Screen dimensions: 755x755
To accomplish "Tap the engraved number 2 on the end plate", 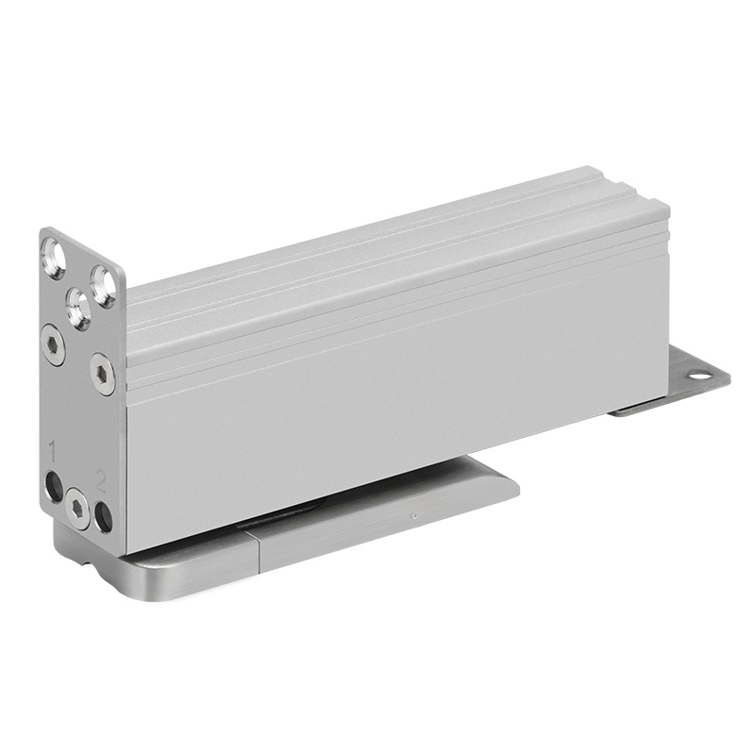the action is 101,480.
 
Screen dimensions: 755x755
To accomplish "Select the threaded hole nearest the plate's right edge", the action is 104,286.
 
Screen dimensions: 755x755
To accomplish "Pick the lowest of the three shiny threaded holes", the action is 77,308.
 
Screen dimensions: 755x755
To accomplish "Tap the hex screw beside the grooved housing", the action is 103,373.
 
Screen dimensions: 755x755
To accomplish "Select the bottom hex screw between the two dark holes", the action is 77,509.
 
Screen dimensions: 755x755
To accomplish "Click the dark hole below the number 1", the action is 54,487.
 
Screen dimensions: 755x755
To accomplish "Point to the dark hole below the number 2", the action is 103,516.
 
